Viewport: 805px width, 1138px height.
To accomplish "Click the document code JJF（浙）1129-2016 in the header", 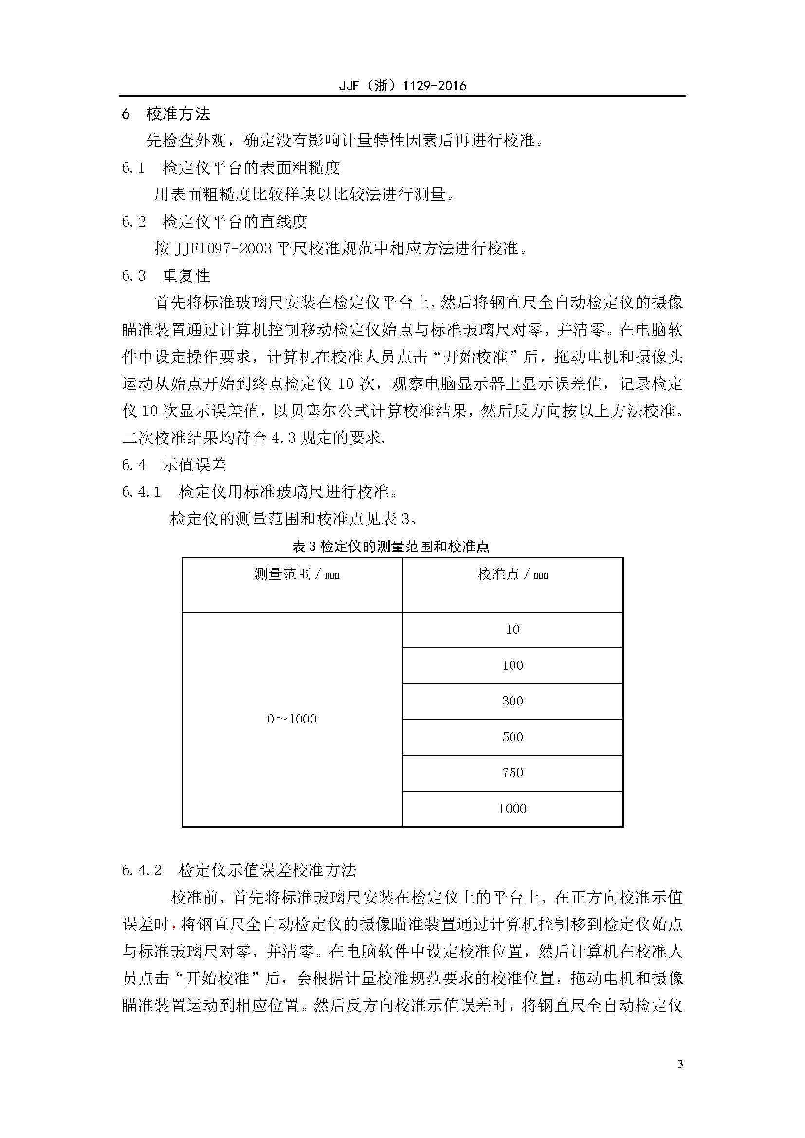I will coord(402,86).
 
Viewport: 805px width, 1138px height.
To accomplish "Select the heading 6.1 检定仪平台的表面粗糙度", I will coord(231,168).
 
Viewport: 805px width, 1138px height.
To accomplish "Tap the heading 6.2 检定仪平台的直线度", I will coord(215,221).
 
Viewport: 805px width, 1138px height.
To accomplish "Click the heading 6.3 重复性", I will coord(166,275).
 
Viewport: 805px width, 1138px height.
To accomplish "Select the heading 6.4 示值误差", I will coord(174,465).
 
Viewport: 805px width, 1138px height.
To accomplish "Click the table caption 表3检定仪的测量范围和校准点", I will coord(391,546).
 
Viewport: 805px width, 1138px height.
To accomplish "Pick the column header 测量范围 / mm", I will coord(296,575).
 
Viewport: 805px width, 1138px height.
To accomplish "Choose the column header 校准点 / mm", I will coord(512,575).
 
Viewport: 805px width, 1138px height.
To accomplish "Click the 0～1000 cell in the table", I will coord(292,719).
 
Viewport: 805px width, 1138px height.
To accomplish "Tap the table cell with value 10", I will coord(512,630).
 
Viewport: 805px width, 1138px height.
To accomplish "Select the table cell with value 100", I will coord(512,666).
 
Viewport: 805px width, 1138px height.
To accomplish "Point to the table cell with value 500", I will coord(512,737).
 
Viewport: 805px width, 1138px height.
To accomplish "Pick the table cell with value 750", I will coord(512,773).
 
